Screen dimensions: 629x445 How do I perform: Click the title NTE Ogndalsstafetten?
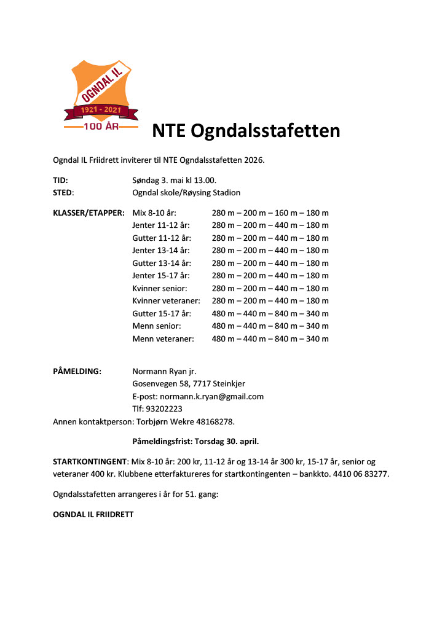(246, 131)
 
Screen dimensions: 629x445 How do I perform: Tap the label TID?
(60, 180)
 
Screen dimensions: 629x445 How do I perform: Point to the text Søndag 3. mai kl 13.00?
(174, 180)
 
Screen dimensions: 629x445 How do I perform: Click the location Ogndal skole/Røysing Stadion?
(186, 192)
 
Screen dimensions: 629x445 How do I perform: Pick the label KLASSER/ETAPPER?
(89, 213)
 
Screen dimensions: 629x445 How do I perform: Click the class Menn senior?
(157, 326)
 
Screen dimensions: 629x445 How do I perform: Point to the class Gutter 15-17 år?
(162, 313)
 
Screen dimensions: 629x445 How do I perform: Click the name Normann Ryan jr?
(164, 371)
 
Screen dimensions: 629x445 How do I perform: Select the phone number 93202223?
(163, 408)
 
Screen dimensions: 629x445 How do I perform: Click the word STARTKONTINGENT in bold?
(90, 461)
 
